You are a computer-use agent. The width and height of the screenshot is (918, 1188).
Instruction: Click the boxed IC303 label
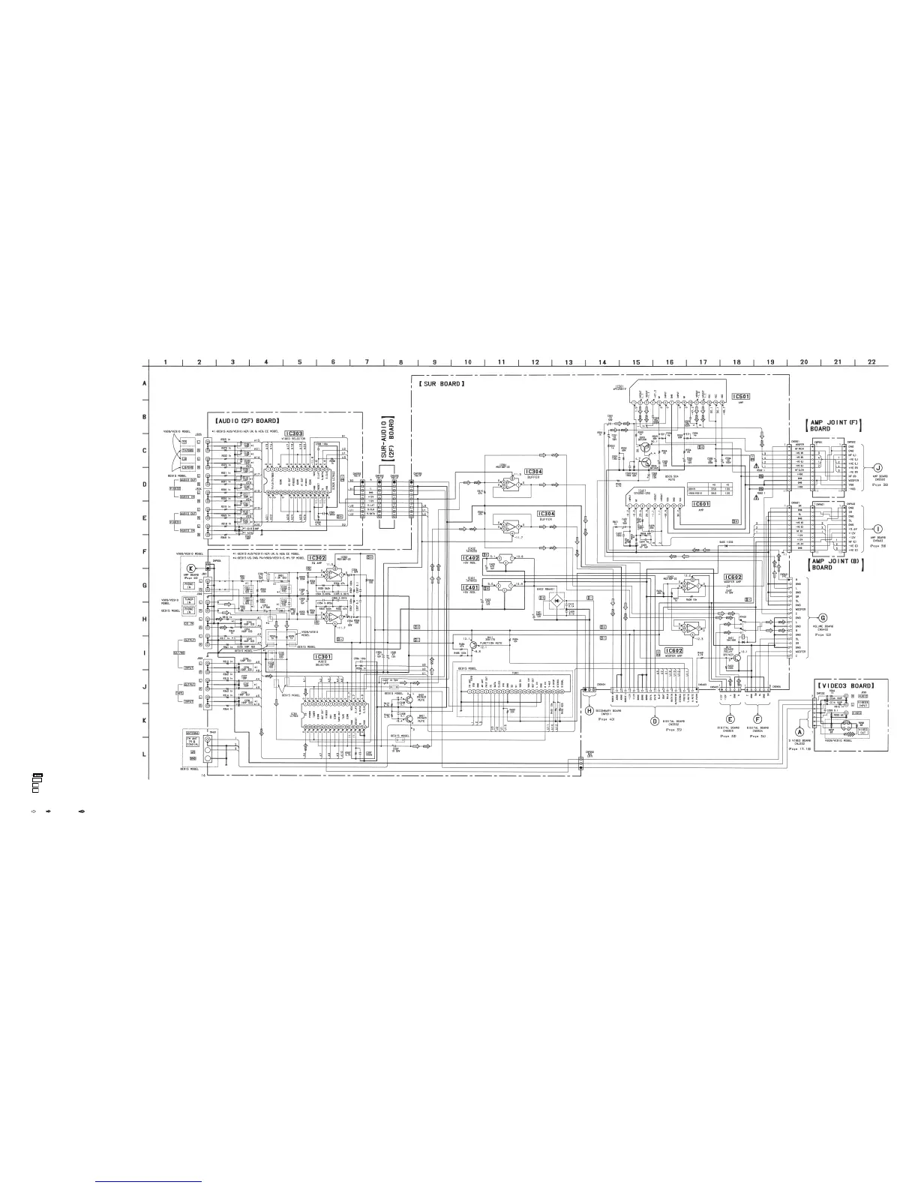tap(294, 433)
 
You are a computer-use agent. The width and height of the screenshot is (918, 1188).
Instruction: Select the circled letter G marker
tap(823, 616)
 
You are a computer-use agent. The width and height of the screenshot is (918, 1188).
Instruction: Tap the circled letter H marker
tap(589, 710)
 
